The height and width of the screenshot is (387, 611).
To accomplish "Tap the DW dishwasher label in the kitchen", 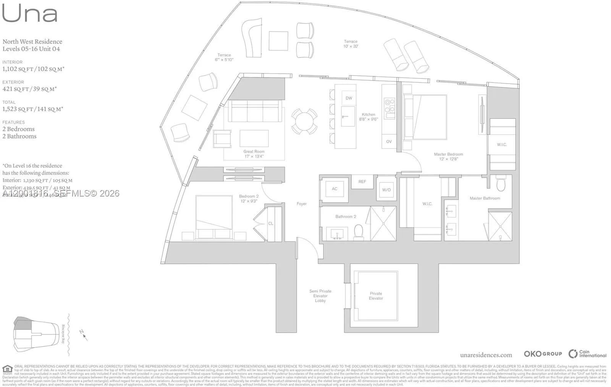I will pyautogui.click(x=349, y=98).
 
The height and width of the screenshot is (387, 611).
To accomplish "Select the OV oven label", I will pyautogui.click(x=389, y=142).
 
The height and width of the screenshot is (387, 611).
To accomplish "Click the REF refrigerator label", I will pyautogui.click(x=362, y=182).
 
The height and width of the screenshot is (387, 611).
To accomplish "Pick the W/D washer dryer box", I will pyautogui.click(x=386, y=190).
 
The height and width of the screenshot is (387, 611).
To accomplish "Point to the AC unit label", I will pyautogui.click(x=335, y=189).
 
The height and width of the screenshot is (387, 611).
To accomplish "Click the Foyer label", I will pyautogui.click(x=302, y=204).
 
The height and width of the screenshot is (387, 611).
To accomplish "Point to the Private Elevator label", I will pyautogui.click(x=376, y=296).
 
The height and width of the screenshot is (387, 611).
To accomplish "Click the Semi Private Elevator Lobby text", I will pyautogui.click(x=320, y=296).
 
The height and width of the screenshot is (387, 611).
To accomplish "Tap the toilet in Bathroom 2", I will pyautogui.click(x=359, y=231).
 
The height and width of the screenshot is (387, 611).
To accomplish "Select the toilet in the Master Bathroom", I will pyautogui.click(x=501, y=185).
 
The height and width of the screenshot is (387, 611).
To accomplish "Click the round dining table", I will pyautogui.click(x=304, y=121).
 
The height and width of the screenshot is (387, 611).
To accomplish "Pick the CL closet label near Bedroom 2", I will pyautogui.click(x=271, y=224).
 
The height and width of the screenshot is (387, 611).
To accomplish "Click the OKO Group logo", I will pyautogui.click(x=543, y=354).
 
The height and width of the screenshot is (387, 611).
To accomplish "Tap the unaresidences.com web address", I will pyautogui.click(x=486, y=355).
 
